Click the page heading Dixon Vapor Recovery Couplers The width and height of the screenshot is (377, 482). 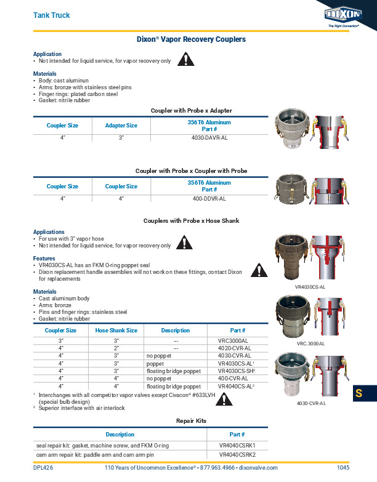(191, 39)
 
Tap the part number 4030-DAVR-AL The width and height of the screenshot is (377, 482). (209, 139)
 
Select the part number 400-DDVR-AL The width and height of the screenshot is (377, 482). (209, 199)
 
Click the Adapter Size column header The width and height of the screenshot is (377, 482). (121, 126)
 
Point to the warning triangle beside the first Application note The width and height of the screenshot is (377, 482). (186, 60)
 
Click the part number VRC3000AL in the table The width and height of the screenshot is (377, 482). (233, 340)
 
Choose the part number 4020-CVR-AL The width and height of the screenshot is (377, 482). (235, 348)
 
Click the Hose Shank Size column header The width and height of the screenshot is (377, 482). (116, 331)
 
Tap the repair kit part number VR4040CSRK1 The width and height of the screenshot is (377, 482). (237, 445)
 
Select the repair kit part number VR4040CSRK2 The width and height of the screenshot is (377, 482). (237, 454)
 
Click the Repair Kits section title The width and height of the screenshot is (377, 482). (191, 421)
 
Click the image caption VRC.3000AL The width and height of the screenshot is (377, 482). (310, 343)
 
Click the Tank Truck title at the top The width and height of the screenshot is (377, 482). (51, 15)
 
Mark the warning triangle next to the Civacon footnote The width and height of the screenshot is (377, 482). (225, 400)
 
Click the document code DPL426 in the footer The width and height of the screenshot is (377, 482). (43, 468)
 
